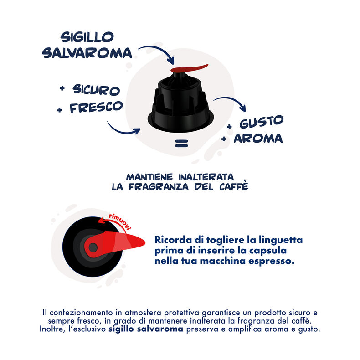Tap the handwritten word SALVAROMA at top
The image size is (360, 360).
click(x=87, y=53)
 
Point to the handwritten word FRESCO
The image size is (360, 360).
click(x=96, y=108)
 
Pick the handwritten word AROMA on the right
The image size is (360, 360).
click(x=258, y=138)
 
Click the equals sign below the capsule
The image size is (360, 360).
click(x=181, y=145)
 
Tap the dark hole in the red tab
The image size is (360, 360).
click(x=93, y=247)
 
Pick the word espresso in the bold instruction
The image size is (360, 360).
click(x=271, y=262)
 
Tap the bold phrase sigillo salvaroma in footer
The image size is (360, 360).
click(x=145, y=329)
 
